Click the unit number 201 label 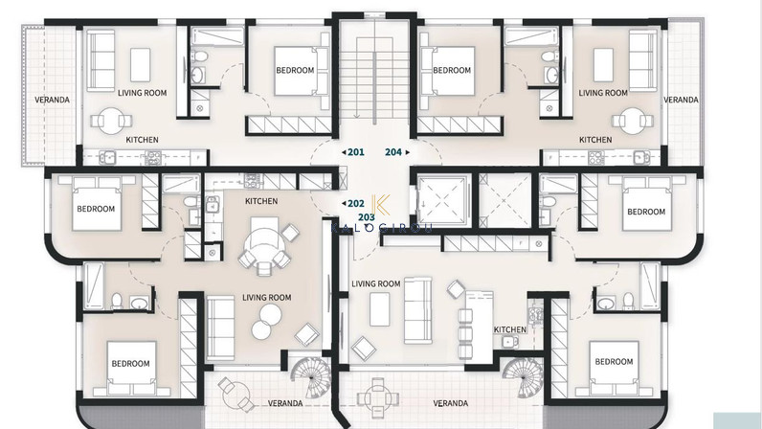356,152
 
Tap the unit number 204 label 393,152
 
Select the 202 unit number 356,204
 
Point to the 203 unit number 367,217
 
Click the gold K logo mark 380,205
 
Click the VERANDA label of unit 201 52,100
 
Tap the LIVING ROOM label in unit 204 603,93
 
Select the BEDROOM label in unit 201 295,70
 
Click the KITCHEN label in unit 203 510,329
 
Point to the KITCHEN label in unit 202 261,201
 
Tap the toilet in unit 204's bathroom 548,56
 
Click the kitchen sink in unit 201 107,157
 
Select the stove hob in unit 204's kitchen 595,157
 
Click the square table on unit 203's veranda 375,399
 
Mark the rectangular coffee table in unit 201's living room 141,64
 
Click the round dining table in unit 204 631,121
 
